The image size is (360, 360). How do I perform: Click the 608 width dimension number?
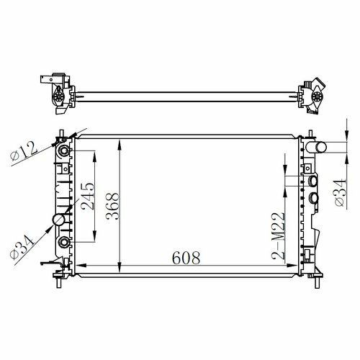click(x=186, y=258)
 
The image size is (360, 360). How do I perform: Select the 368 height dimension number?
click(x=112, y=206)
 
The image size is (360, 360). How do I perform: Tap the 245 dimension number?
click(x=88, y=197)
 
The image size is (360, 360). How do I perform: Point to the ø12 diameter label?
click(x=24, y=151)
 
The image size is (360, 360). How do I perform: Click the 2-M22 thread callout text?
click(x=278, y=236)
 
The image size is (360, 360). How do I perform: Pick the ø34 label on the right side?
click(x=341, y=192)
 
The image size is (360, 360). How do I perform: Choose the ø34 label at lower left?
click(x=22, y=247)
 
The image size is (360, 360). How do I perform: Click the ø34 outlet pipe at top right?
click(x=316, y=147)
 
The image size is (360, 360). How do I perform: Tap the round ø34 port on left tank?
click(x=59, y=220)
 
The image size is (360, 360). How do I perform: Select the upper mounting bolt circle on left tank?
click(x=64, y=151)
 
